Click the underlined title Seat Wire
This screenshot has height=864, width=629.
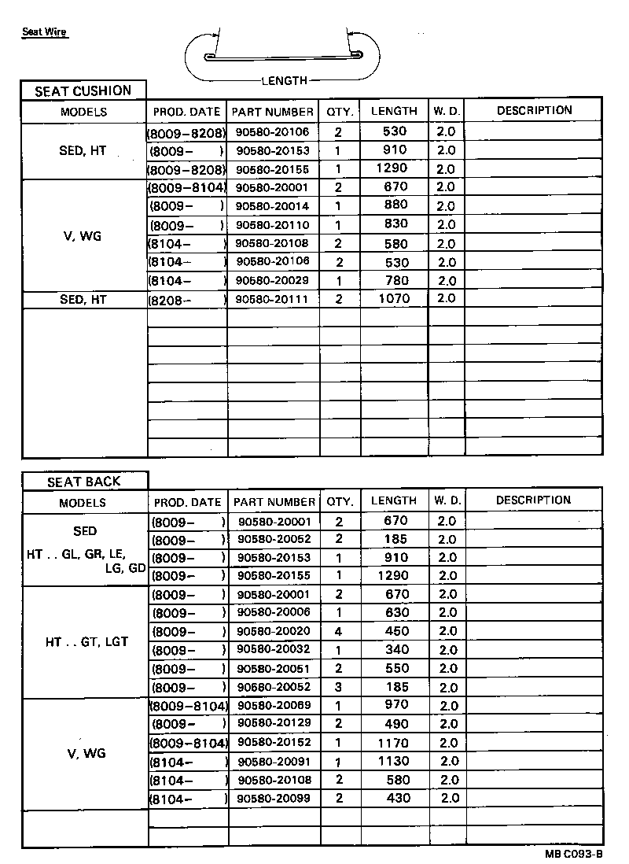(45, 32)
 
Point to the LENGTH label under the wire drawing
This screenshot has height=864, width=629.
(284, 80)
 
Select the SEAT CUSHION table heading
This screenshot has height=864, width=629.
(83, 91)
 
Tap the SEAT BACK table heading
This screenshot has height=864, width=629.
(85, 482)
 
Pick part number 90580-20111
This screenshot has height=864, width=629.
(273, 299)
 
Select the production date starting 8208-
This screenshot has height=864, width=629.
(187, 299)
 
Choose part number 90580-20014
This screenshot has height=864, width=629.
(273, 206)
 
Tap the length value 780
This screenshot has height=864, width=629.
(395, 280)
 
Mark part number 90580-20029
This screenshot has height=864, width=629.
(273, 280)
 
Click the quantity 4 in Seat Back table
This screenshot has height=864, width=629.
(339, 631)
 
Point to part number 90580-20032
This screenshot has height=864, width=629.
(274, 650)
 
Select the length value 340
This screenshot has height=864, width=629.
(396, 650)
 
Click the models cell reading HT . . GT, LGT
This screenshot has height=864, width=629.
(86, 642)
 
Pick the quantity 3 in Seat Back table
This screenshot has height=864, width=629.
(339, 687)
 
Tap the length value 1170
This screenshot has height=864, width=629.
(395, 743)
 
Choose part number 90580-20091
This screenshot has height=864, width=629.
(274, 761)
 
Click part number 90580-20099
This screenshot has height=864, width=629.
(274, 799)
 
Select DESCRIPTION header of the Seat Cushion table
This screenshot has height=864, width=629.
(534, 110)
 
